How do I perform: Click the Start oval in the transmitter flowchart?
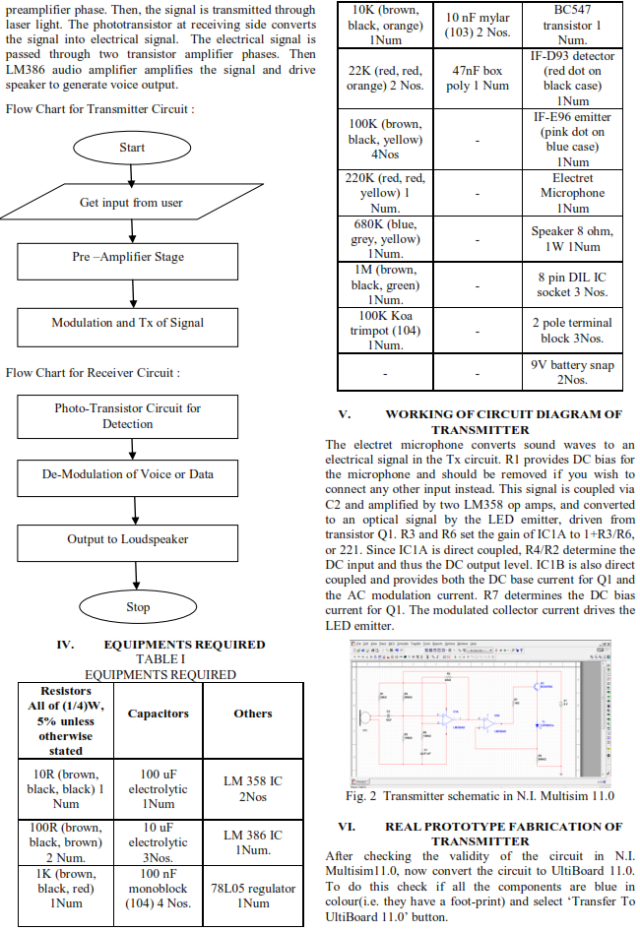131,148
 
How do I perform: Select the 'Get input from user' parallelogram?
131,203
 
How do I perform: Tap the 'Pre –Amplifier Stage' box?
128,257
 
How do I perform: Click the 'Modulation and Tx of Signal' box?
128,323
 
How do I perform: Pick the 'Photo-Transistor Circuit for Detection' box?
128,415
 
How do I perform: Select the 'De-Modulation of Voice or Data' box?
128,474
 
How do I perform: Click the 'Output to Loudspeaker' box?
128,539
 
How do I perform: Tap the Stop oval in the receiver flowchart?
137,607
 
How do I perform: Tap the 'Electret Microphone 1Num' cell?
572,193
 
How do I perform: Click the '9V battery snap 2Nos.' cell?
572,372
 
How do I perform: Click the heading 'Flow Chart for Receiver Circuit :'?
93,373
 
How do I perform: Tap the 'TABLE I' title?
160,659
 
